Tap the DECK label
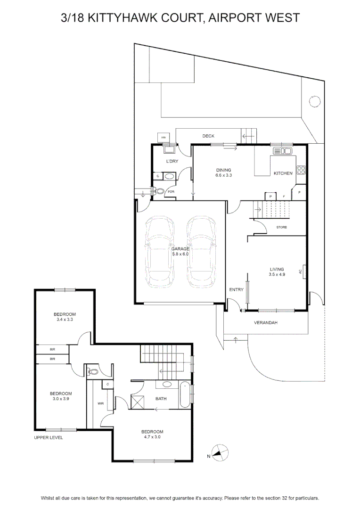(208, 136)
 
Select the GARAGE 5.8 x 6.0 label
(180, 251)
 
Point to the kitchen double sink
(282, 151)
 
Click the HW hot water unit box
(164, 138)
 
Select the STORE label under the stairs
(281, 227)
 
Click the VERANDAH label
(266, 323)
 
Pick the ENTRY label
(236, 289)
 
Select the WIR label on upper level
(101, 403)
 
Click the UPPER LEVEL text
(49, 437)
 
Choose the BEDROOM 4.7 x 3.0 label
(152, 435)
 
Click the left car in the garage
(160, 252)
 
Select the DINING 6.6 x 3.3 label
(224, 172)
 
